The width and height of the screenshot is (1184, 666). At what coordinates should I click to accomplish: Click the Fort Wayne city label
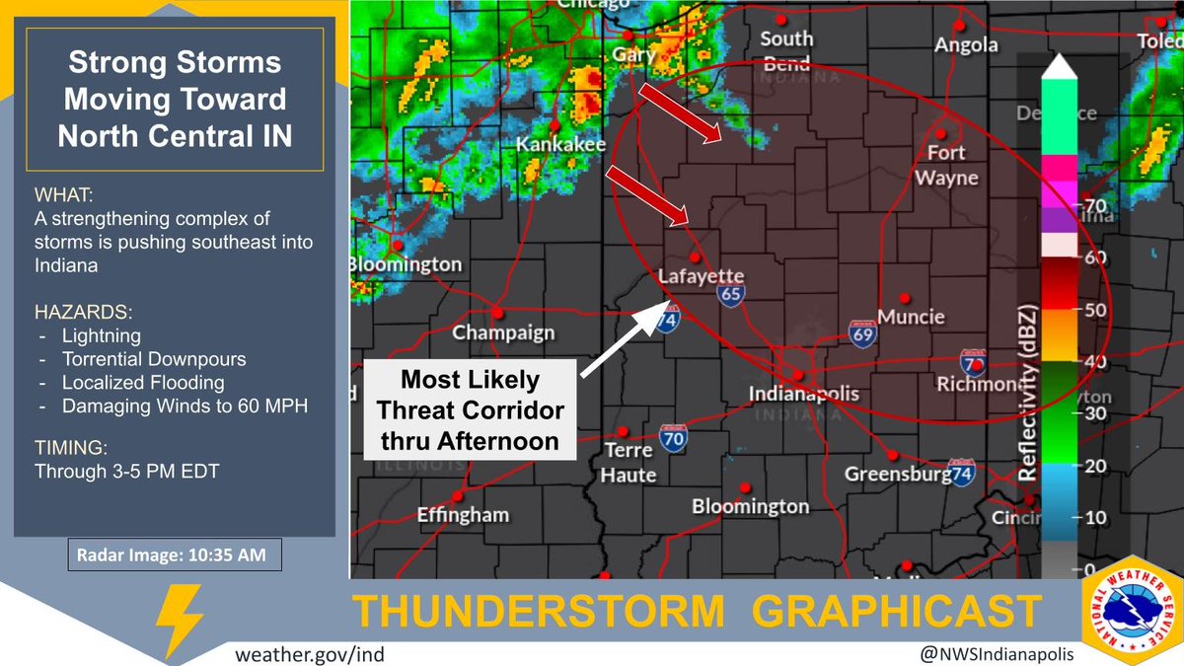coord(946,166)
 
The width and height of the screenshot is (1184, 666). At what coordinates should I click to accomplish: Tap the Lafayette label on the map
coord(702,276)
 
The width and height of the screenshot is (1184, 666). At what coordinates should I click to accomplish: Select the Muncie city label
coord(911,318)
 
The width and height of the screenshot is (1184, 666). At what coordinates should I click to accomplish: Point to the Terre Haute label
coord(628,463)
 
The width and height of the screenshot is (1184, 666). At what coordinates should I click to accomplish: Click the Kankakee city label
coord(560,145)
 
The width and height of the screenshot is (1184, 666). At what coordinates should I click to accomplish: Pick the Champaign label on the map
coord(503,333)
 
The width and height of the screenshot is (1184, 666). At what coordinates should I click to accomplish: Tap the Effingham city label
coord(463,514)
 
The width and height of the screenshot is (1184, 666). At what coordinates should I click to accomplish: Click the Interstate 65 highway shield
coord(731,294)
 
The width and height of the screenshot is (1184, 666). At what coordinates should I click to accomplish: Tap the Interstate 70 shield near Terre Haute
coord(674,439)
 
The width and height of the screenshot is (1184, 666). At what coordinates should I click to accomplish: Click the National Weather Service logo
coord(1130,618)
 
